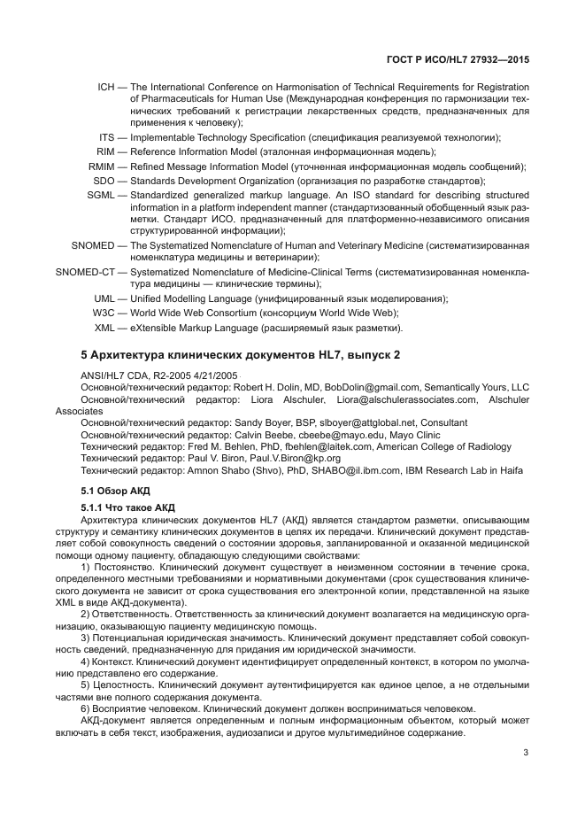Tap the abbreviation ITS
[x=107, y=137]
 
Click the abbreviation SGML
[x=102, y=195]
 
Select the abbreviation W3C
[x=104, y=313]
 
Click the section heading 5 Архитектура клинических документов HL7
[x=241, y=354]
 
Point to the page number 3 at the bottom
[x=526, y=754]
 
